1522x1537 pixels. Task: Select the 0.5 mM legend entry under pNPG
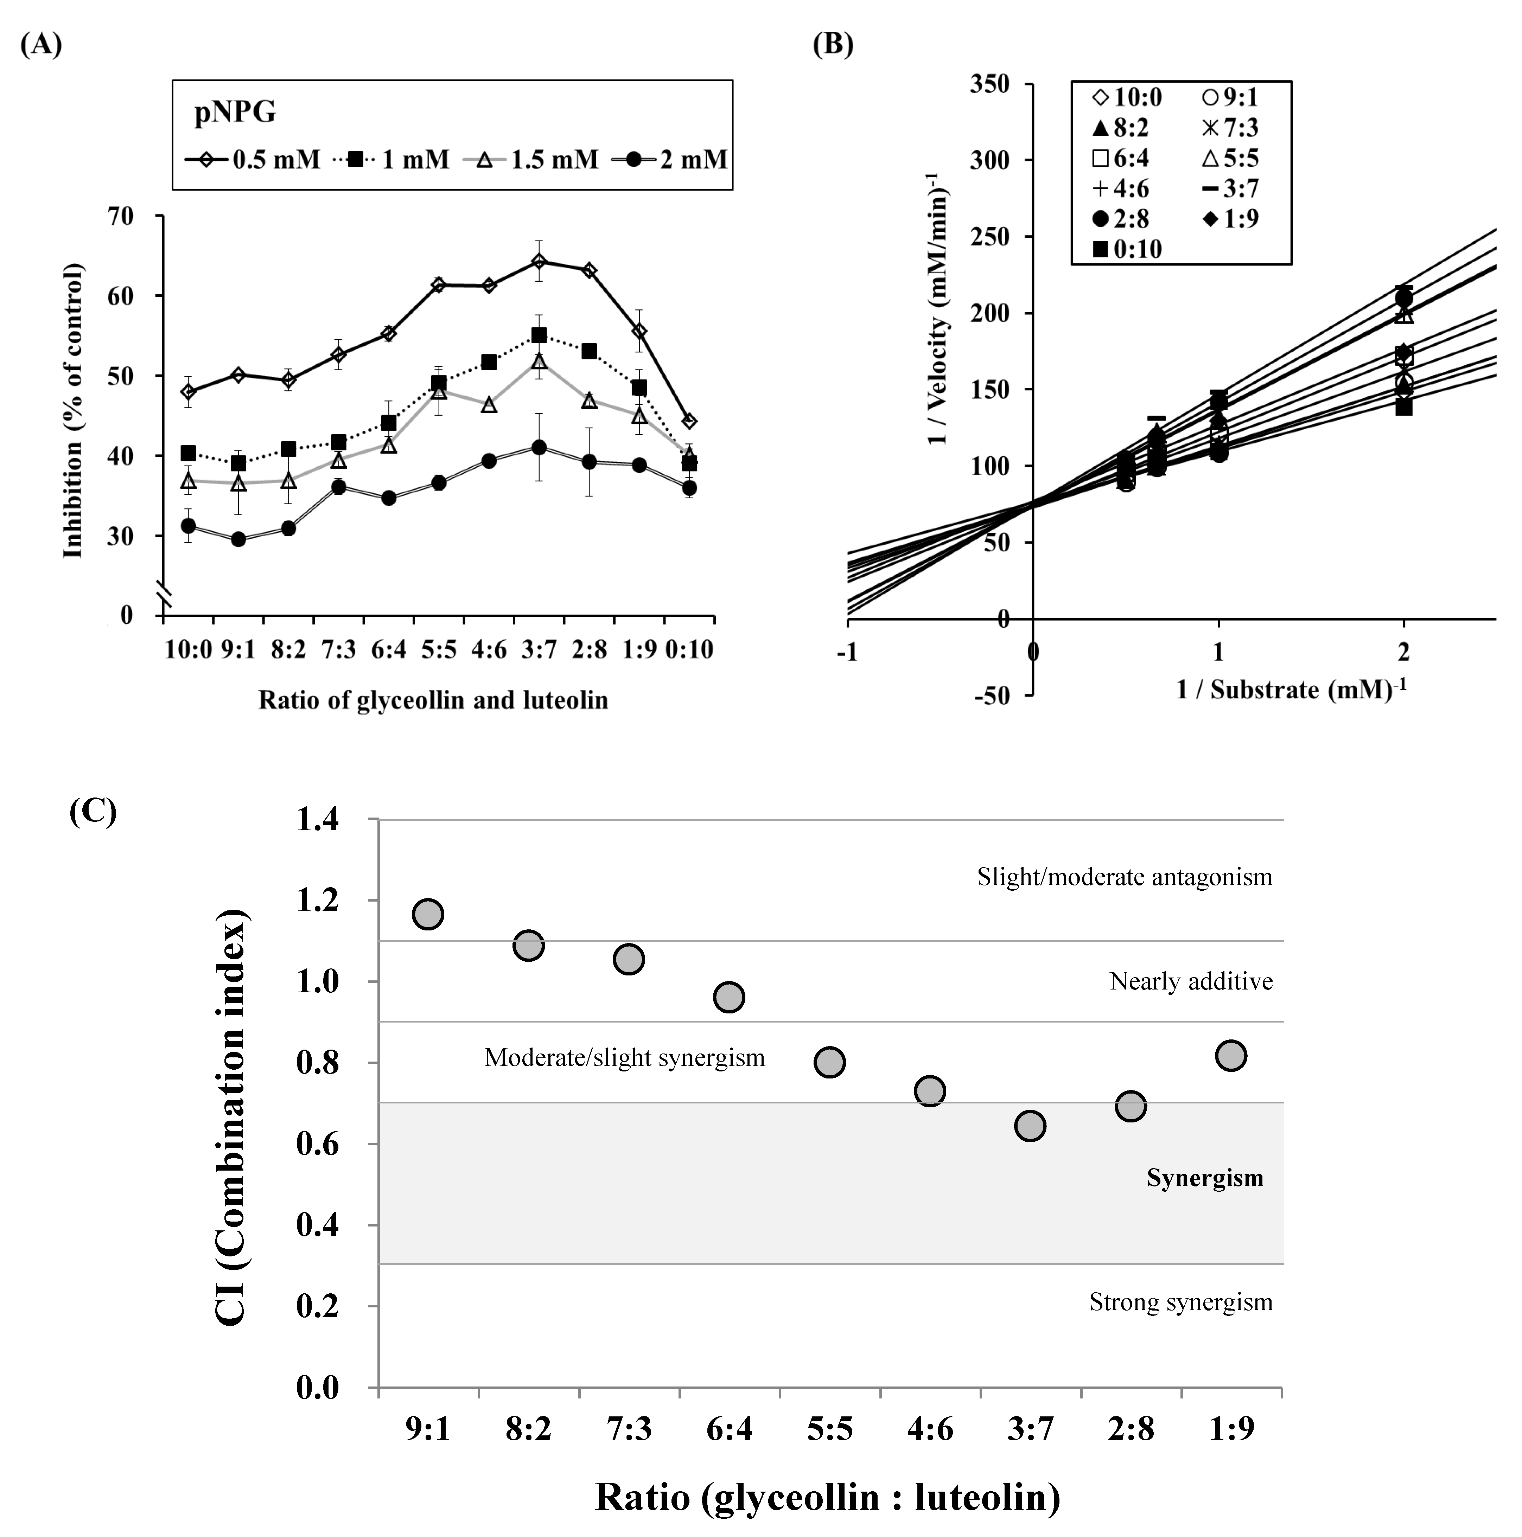pos(253,160)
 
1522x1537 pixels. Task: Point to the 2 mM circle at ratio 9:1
pos(238,539)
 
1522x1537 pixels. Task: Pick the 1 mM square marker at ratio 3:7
pos(539,336)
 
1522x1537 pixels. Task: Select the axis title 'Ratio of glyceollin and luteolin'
pos(433,700)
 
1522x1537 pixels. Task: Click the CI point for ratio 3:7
pos(1030,1126)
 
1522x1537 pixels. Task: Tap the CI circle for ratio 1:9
pos(1231,1056)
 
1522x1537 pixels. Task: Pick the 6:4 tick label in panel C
pos(729,1430)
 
